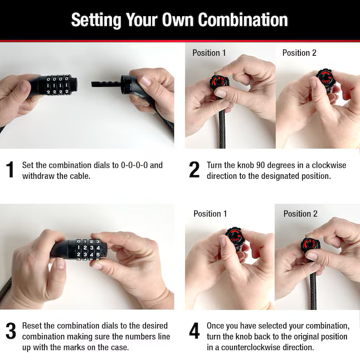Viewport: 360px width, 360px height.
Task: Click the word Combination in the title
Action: point(243,20)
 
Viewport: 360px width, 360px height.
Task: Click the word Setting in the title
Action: point(96,21)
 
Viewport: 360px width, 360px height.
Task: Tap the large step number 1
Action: point(11,169)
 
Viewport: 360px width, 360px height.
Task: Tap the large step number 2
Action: point(194,169)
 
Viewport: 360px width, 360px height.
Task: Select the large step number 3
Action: point(11,331)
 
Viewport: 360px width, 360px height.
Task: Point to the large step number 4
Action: point(194,331)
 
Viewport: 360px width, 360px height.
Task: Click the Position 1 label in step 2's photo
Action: point(209,53)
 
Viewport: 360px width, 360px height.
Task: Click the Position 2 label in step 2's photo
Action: point(299,53)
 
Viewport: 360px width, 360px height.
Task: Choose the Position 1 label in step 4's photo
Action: point(210,214)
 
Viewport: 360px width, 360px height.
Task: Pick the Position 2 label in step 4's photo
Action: point(300,214)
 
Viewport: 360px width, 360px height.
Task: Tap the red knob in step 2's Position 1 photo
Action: point(218,81)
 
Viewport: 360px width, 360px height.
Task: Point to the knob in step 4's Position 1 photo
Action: point(234,235)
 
